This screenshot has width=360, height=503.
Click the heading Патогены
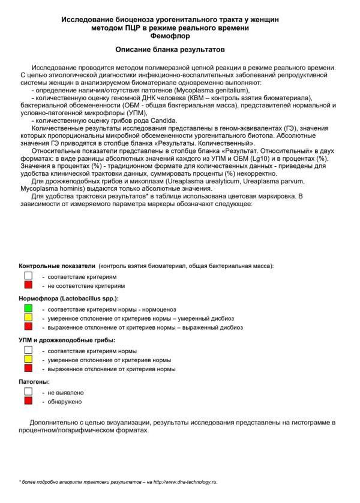(x=34, y=381)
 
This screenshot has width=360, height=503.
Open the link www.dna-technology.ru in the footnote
(x=189, y=482)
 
